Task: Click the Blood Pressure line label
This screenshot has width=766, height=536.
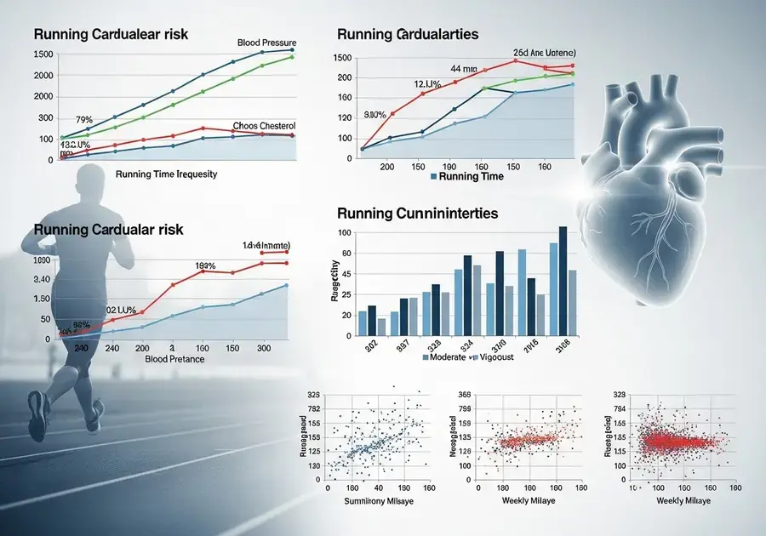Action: (x=266, y=43)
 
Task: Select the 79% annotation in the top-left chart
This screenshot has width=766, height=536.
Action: (x=83, y=119)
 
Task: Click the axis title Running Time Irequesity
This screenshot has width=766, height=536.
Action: (x=165, y=174)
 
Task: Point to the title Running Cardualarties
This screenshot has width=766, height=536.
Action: (x=408, y=35)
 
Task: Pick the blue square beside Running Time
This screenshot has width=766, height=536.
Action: (x=434, y=177)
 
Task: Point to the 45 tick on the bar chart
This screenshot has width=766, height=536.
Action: (x=345, y=294)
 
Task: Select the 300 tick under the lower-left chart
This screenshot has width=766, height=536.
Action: (x=263, y=349)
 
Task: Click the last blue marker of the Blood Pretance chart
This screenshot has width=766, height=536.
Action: (x=286, y=285)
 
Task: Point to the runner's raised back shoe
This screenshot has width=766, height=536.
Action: (x=38, y=418)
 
